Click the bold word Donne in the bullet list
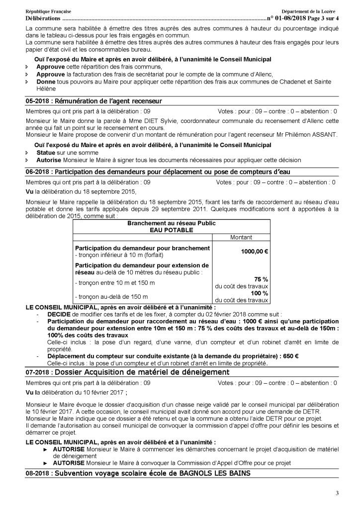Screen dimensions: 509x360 [x=46, y=81]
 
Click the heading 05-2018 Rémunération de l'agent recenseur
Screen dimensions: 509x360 [x=94, y=101]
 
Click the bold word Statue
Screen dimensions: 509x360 [x=46, y=153]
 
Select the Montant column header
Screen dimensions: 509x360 [x=241, y=238]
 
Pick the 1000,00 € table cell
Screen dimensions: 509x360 [x=254, y=252]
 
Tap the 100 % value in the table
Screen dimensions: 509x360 [x=260, y=294]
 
